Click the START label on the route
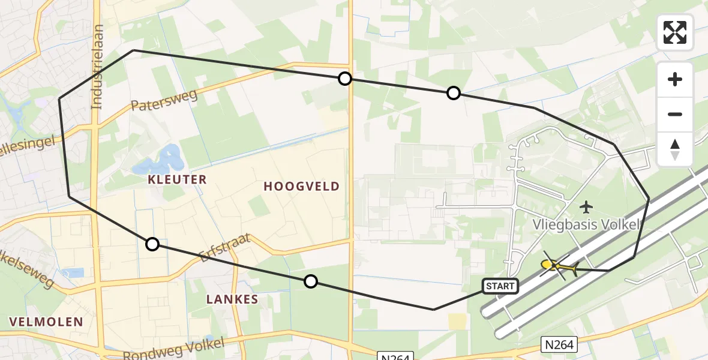click(500, 286)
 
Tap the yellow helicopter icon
click(558, 266)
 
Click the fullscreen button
click(675, 32)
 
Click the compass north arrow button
click(675, 148)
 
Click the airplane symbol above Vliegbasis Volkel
click(586, 208)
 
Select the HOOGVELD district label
click(302, 187)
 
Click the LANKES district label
click(232, 299)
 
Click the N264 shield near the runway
click(559, 344)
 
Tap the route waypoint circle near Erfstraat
click(310, 281)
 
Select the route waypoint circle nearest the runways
click(454, 93)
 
